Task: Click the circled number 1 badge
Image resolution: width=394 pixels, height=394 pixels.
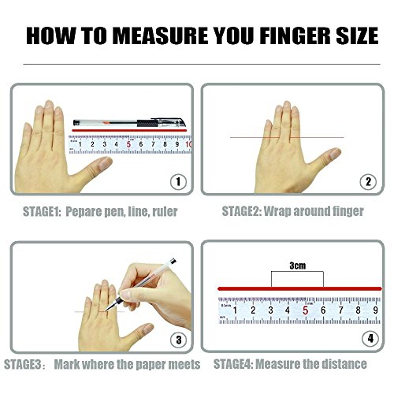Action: pyautogui.click(x=178, y=181)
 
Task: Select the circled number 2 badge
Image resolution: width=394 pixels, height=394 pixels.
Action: pyautogui.click(x=368, y=181)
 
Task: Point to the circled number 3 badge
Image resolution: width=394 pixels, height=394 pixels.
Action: pyautogui.click(x=179, y=340)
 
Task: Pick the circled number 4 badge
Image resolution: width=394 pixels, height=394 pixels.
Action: pyautogui.click(x=370, y=339)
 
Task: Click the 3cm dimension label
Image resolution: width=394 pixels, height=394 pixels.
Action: pyautogui.click(x=298, y=266)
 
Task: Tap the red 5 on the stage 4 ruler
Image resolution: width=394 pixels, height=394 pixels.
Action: pyautogui.click(x=305, y=310)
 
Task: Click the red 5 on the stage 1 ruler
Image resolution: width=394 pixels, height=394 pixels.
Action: pyautogui.click(x=128, y=144)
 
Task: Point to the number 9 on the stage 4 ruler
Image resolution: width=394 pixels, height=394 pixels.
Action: pyautogui.click(x=376, y=310)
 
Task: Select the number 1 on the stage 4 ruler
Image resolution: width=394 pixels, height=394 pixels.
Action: pyautogui.click(x=235, y=310)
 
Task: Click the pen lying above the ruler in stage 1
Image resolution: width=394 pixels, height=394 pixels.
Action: pyautogui.click(x=129, y=123)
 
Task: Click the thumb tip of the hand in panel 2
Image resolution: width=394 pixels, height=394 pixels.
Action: pyautogui.click(x=336, y=153)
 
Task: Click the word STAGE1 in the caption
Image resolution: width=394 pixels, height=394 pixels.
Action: pyautogui.click(x=42, y=211)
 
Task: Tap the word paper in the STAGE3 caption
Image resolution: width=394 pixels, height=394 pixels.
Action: pyautogui.click(x=147, y=365)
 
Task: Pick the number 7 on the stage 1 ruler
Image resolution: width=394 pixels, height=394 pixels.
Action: pyautogui.click(x=153, y=144)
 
